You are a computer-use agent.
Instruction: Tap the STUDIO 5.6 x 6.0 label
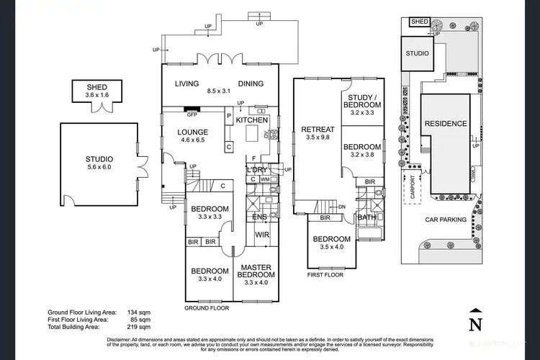tap(99, 163)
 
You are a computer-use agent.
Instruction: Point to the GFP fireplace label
tap(192, 114)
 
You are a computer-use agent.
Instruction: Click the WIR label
tap(261, 233)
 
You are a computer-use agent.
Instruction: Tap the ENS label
tap(258, 217)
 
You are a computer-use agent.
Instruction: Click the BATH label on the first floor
tap(366, 217)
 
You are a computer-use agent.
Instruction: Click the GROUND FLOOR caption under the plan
tap(206, 307)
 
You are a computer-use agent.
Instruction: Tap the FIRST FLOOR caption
tap(325, 274)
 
